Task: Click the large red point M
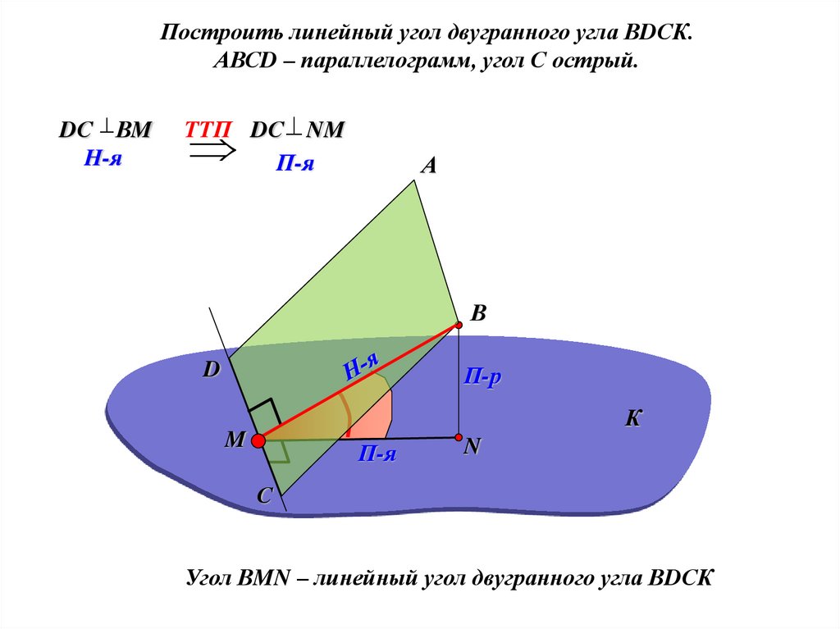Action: pos(258,441)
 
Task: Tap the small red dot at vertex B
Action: pos(459,325)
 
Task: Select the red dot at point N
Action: pos(459,437)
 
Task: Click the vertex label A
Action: pos(428,166)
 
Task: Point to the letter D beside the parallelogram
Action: pos(212,370)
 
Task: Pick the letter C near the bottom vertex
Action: pos(264,496)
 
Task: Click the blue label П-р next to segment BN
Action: pos(482,377)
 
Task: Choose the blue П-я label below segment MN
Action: pos(377,454)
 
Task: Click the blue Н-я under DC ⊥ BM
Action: pos(103,159)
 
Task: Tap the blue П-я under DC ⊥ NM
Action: pos(294,164)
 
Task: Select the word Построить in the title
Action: pos(217,34)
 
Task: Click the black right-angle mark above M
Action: pos(262,413)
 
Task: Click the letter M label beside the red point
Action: pos(235,441)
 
